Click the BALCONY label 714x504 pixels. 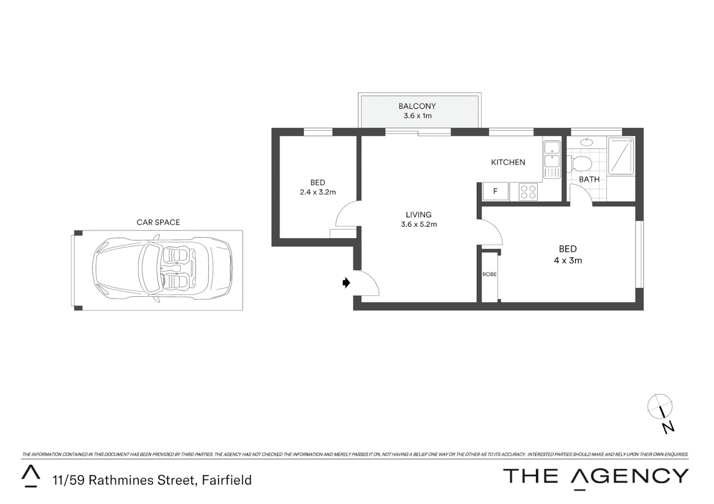417,106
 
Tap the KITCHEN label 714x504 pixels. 508,162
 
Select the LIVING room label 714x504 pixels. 418,215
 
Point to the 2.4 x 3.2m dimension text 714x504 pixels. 318,192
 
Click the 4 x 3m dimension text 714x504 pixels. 568,260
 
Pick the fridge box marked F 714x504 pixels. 495,191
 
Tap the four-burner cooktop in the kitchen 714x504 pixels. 528,192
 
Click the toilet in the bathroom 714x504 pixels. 580,164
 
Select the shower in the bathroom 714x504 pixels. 621,155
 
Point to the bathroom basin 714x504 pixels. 585,141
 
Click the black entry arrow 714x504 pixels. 346,282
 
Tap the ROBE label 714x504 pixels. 489,274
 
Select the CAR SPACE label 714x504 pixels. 158,223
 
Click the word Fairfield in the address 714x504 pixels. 227,480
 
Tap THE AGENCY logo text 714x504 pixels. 596,476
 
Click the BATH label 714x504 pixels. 589,179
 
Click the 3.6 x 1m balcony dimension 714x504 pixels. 417,116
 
